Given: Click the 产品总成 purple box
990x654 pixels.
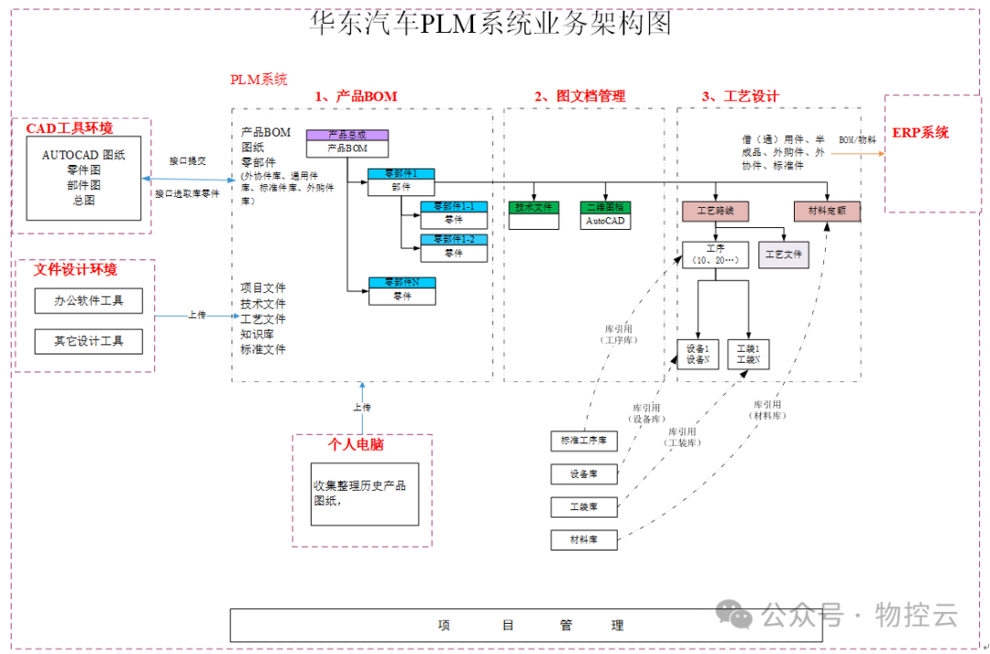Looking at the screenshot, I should coord(347,135).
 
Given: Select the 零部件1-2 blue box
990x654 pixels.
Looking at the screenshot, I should coord(454,239).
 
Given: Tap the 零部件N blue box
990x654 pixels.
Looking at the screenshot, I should coord(401,282).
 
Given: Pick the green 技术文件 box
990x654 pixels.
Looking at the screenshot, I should coord(533,207).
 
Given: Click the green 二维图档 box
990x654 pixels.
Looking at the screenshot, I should coord(605,207).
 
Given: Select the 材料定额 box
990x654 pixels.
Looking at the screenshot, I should coord(827,212).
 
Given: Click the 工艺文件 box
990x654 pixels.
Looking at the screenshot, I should coord(784,255).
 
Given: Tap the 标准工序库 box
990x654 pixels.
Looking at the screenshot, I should coord(584,441).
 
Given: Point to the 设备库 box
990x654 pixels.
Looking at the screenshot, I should coord(584,474).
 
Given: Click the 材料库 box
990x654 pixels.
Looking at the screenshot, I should coord(584,540).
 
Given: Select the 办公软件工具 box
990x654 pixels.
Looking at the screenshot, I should coord(88,300).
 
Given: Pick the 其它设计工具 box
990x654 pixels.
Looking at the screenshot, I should coord(88,342).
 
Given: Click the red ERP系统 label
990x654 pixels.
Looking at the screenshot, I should coord(920,133).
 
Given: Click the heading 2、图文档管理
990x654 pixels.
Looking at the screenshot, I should coord(579,96).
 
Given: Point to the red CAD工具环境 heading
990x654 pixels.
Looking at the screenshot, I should coord(70,128).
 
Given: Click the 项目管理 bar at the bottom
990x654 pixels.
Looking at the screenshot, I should coord(531,626).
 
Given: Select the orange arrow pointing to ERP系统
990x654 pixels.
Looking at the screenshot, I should coord(856,153).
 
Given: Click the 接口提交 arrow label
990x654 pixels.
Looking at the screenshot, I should coord(187,160).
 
